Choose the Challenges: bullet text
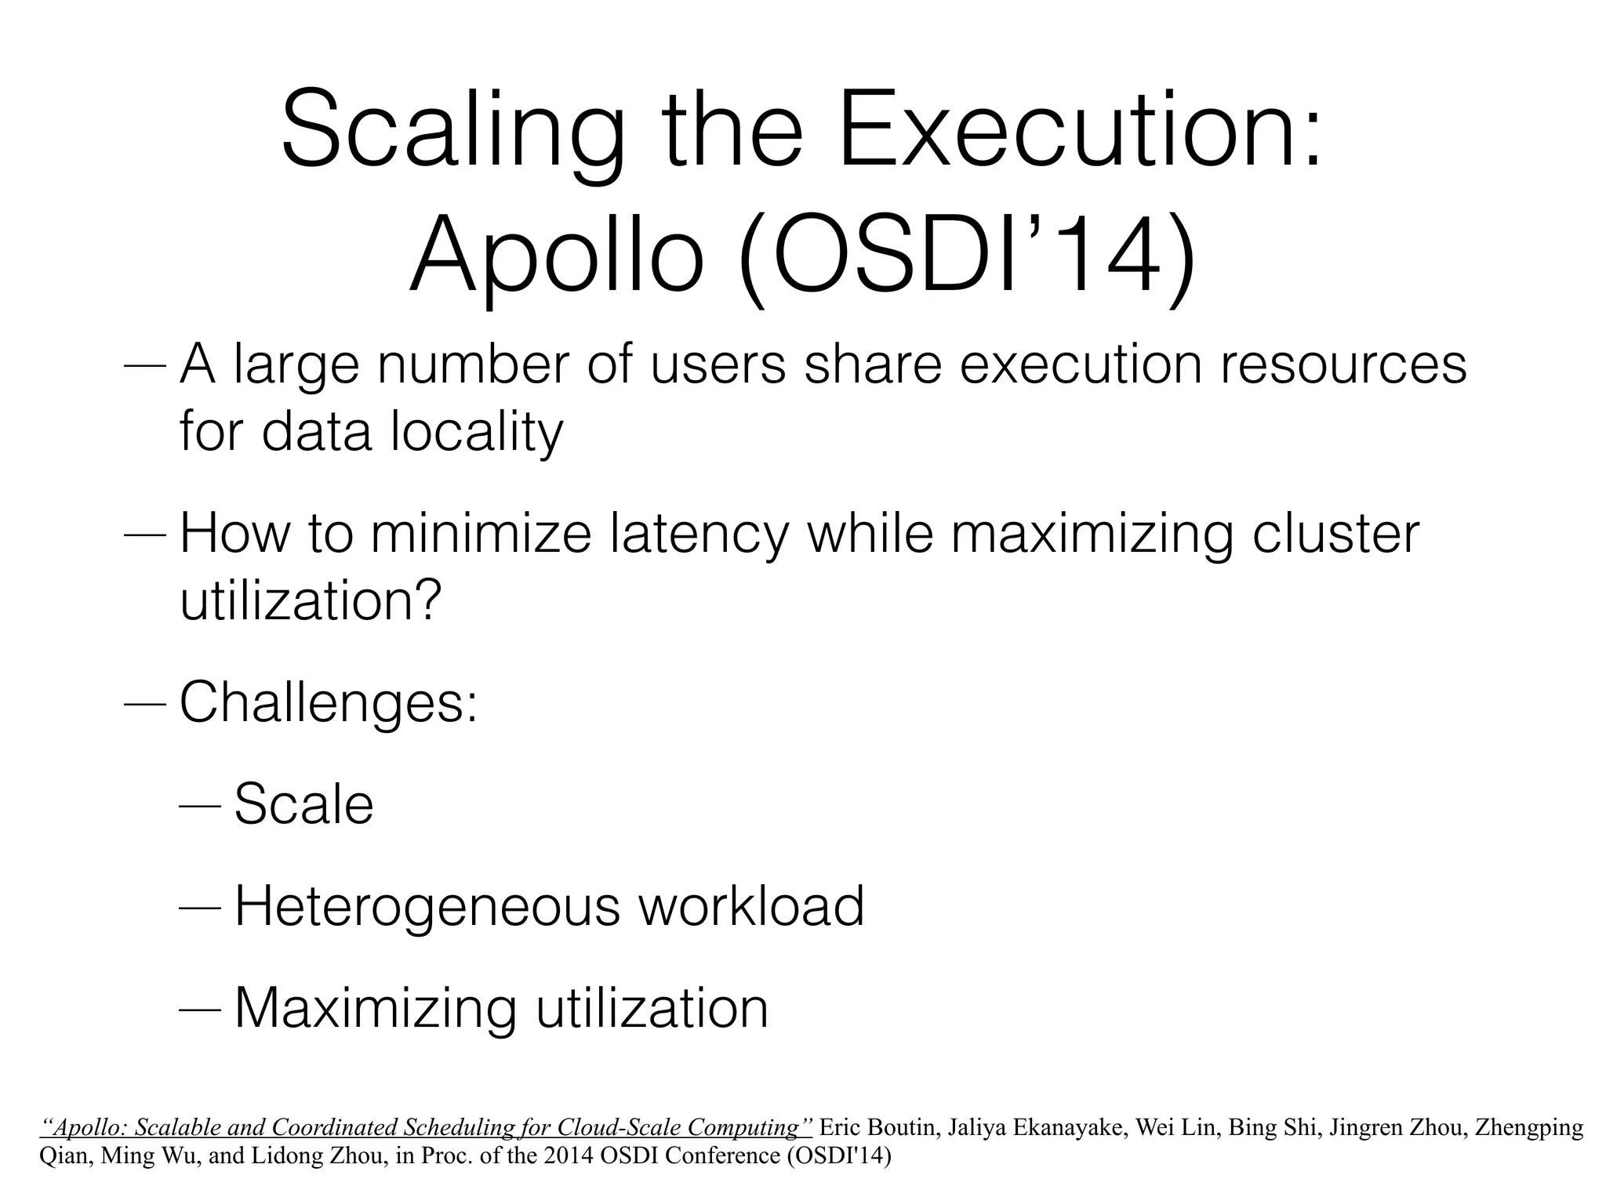tap(329, 703)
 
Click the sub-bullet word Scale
tap(303, 804)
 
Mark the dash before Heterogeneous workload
tap(201, 908)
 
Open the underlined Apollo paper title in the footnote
tap(426, 1128)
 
